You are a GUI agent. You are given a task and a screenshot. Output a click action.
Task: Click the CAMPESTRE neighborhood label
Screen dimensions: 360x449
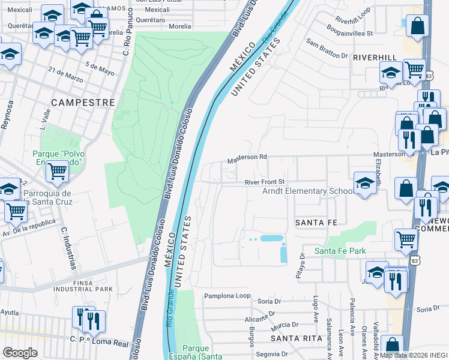coord(83,103)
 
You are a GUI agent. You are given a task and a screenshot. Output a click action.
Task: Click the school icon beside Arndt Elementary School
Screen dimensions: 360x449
coord(365,183)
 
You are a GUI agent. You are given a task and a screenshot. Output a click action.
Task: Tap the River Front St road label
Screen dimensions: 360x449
coord(264,182)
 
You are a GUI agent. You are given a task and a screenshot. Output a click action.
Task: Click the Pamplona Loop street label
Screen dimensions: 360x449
coord(227,296)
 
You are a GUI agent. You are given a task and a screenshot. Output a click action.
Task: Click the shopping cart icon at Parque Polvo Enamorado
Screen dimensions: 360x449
coord(58,172)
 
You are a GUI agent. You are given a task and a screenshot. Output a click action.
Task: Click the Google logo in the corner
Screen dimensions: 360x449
coord(20,353)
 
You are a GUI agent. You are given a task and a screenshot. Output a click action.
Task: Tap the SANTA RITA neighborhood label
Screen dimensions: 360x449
coord(293,338)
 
